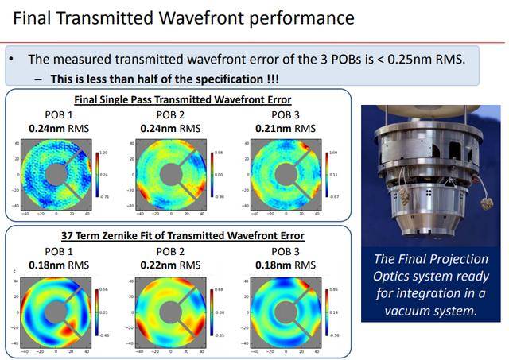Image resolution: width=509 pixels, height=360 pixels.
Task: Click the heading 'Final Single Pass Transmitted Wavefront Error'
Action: click(182, 99)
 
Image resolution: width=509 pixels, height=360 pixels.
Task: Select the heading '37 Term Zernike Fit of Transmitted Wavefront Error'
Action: click(182, 236)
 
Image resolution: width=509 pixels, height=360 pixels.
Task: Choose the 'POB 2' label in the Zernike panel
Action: click(170, 252)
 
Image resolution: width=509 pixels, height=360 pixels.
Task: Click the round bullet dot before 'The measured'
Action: click(11, 60)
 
